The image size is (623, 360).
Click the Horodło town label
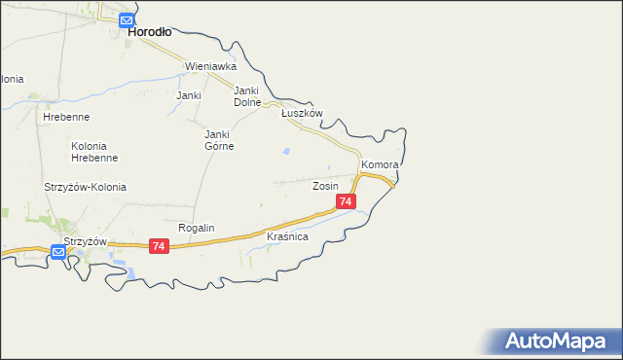point(150,31)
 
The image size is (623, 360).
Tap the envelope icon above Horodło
point(127,18)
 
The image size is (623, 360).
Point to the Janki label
point(188,95)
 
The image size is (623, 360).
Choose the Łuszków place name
point(302,113)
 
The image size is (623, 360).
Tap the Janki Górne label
point(218,140)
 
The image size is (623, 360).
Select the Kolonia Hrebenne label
point(94,151)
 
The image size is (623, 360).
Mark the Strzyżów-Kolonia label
point(85,187)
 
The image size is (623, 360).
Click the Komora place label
point(381,165)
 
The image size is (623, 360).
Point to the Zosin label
point(325,185)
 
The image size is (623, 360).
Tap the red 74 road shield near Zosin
point(346,201)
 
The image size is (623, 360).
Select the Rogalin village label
point(196,228)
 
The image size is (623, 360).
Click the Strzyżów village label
point(84,241)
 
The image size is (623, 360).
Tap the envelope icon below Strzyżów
point(58,252)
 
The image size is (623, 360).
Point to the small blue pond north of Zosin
point(285,152)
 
